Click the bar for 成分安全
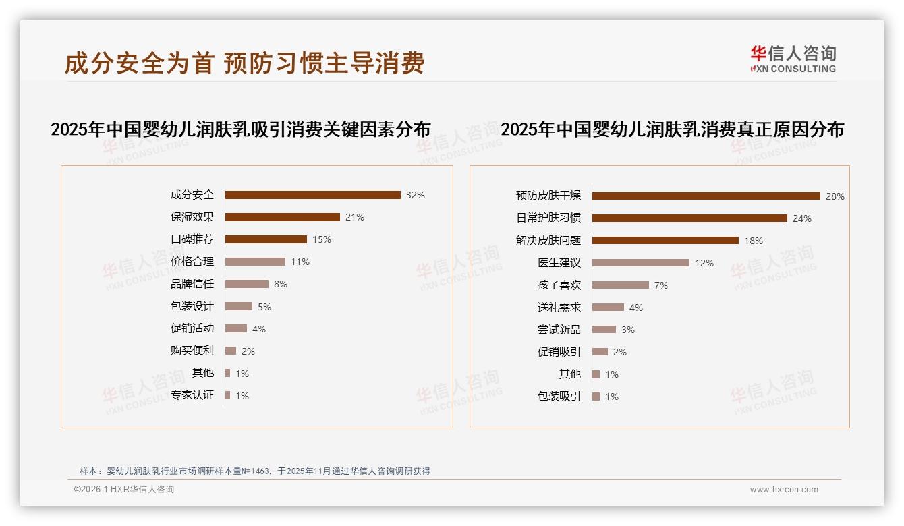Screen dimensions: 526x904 tap(312, 195)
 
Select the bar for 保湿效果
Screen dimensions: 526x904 tap(282, 217)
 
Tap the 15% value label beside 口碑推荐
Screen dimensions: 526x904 tap(322, 239)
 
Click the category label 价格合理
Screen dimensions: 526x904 tap(192, 262)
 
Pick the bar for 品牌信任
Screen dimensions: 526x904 tap(246, 284)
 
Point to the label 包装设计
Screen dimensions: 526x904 tap(192, 306)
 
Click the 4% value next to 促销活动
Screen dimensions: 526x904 tap(259, 329)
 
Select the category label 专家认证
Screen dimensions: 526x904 tap(192, 395)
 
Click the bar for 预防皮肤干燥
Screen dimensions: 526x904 tap(706, 196)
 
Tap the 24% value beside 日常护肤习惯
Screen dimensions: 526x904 tap(802, 218)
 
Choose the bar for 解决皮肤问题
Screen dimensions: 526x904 tap(665, 241)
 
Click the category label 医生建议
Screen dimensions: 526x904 tap(559, 263)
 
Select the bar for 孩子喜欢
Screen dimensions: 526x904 tap(620, 285)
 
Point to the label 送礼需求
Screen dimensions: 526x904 tap(559, 308)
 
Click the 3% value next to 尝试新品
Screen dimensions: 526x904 tap(628, 330)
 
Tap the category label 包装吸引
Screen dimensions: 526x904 tap(559, 397)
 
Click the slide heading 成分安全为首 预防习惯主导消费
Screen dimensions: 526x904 tap(244, 63)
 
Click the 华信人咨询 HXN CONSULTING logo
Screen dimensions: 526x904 tap(793, 59)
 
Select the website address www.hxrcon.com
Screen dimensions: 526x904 tap(784, 490)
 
